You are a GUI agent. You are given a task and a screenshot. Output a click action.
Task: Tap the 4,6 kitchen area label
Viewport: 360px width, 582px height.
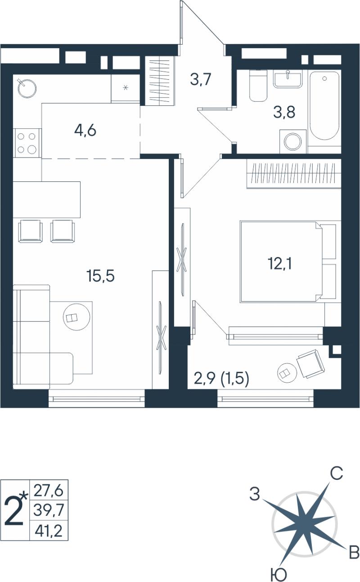tap(85, 130)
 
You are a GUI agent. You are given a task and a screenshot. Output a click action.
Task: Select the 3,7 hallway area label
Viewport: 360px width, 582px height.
tap(201, 80)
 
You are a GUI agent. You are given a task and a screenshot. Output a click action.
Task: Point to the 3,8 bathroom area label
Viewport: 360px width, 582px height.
tap(284, 113)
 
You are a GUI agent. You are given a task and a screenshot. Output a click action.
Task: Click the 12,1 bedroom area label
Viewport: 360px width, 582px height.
tap(280, 264)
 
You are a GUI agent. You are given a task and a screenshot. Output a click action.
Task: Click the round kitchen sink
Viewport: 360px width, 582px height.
tap(27, 88)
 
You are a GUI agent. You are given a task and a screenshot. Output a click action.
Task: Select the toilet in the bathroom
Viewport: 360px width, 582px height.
tap(258, 86)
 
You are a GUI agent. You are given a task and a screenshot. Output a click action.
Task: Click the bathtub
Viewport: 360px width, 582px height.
tap(324, 106)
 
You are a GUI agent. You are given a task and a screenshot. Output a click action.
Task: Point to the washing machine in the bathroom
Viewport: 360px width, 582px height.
tap(293, 142)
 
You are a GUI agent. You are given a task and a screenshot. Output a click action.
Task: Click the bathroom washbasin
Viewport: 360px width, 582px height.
tap(288, 78)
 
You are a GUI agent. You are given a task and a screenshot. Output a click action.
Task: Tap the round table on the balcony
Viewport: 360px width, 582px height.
tap(287, 373)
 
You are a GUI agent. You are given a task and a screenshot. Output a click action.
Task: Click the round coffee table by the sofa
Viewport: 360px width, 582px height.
tap(76, 317)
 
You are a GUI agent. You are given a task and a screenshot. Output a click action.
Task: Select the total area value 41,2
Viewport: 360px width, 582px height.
tap(49, 531)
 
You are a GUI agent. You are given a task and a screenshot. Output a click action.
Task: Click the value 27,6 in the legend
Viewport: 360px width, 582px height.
tap(49, 491)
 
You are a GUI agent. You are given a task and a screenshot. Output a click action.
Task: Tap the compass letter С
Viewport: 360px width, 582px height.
tap(337, 474)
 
